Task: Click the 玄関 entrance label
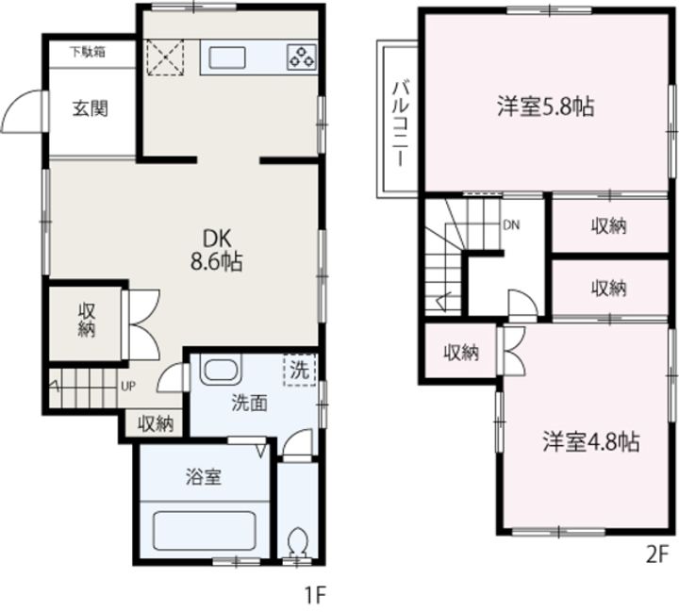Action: tap(91, 108)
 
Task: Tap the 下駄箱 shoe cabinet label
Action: tap(88, 52)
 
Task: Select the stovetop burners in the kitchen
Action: tap(302, 57)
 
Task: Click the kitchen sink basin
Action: tap(227, 58)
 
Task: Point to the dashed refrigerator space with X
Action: tap(165, 58)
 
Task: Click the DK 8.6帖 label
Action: tap(217, 250)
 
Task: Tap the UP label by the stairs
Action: tap(127, 387)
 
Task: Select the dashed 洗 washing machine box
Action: tap(300, 370)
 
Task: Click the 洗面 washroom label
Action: tap(249, 404)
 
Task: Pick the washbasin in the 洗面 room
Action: tap(221, 370)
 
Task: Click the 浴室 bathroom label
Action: tap(204, 477)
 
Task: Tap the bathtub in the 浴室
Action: tap(205, 531)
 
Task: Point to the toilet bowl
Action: tap(297, 542)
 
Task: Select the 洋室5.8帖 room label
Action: tap(546, 107)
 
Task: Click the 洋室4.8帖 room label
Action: tap(591, 441)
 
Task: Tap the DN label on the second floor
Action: tap(511, 224)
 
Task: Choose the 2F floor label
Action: tap(658, 555)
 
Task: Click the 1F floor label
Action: tap(315, 597)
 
